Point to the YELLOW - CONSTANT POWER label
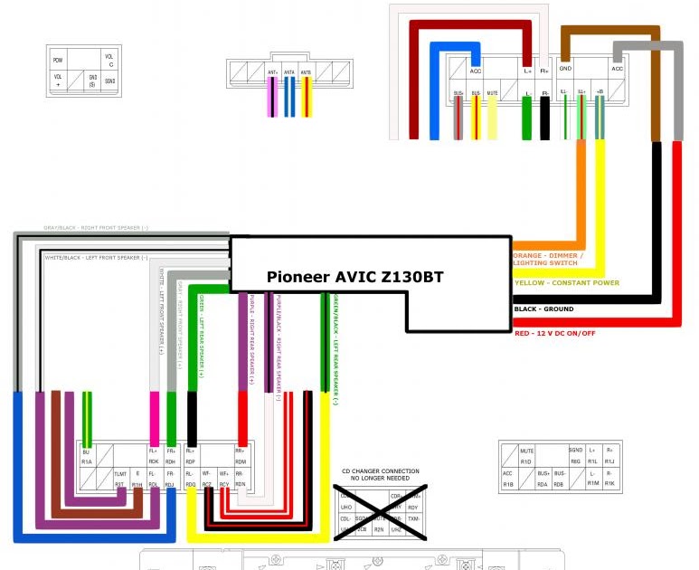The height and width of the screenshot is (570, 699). tap(566, 283)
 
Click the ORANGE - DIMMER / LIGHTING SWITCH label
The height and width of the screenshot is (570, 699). tap(548, 259)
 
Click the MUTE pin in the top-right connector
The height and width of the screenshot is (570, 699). tap(492, 93)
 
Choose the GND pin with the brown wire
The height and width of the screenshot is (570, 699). tap(565, 69)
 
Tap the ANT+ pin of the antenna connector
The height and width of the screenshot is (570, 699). tap(273, 71)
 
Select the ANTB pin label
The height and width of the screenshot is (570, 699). tap(306, 71)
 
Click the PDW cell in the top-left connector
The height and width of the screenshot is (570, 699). tap(58, 60)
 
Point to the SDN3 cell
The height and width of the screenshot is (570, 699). tap(109, 81)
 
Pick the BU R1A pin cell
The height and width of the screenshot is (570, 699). tap(87, 456)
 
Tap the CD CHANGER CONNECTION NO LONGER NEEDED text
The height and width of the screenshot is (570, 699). tap(380, 474)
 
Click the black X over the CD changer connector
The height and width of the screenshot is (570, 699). tap(380, 512)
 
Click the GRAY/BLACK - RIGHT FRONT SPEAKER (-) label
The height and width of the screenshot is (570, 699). tap(97, 228)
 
